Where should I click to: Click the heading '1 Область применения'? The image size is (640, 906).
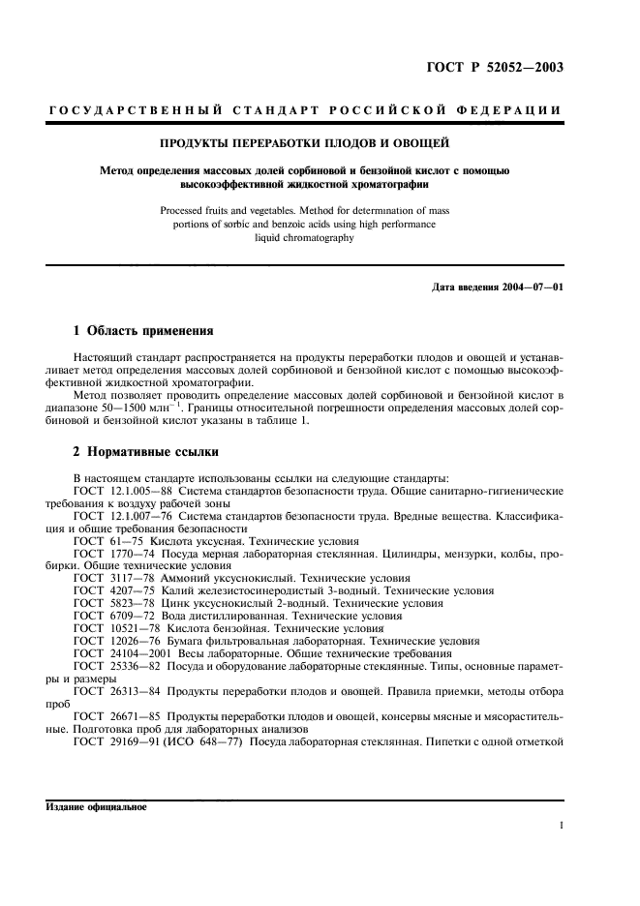click(138, 331)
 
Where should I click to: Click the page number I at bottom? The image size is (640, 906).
click(562, 827)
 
